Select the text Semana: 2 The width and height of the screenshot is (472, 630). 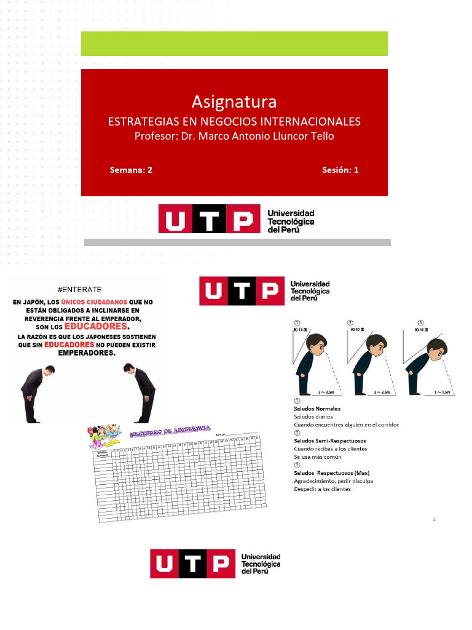pos(131,170)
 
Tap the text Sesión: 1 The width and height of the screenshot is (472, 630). pos(340,170)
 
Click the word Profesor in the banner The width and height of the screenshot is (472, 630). pos(155,136)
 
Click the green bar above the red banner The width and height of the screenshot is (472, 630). pos(234,44)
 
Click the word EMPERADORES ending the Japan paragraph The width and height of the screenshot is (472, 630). pos(87,353)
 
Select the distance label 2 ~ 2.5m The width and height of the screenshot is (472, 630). pos(380,392)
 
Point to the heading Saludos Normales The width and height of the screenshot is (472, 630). pos(317,409)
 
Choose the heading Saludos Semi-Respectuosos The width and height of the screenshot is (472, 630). pos(330,441)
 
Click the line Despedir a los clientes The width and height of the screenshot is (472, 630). pos(322,489)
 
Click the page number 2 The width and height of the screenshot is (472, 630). pos(434,520)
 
